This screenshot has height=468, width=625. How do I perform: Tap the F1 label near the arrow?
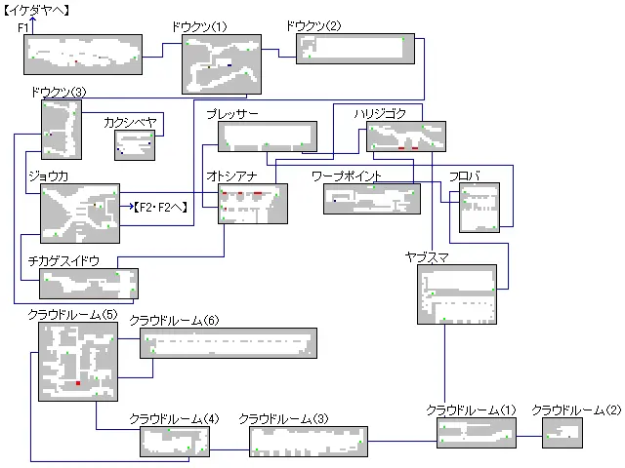click(x=23, y=28)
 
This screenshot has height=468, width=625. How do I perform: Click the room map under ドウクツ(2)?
click(x=354, y=49)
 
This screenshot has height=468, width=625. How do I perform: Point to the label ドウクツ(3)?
click(x=58, y=92)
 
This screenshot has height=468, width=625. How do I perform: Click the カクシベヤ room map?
click(x=135, y=144)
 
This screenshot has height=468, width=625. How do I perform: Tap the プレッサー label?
click(x=231, y=114)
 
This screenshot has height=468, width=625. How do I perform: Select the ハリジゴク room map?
click(x=405, y=136)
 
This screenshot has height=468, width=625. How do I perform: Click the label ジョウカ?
click(x=48, y=175)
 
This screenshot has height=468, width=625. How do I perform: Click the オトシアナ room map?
click(x=253, y=204)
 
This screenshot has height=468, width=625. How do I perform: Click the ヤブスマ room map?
click(x=457, y=293)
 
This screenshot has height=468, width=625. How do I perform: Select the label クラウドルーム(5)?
click(x=72, y=314)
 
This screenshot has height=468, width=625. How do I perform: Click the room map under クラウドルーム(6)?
click(x=229, y=344)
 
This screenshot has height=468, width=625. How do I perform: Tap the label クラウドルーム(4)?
click(x=174, y=419)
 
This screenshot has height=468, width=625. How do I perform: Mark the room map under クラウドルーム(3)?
click(x=309, y=442)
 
